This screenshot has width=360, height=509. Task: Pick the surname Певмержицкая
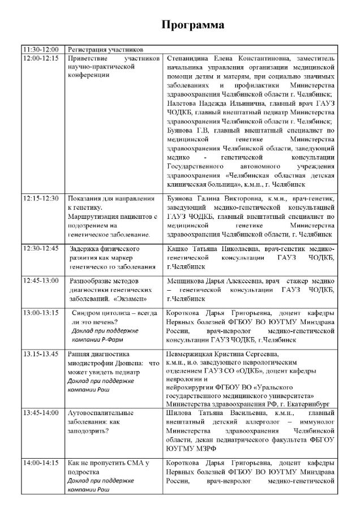click(191, 354)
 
